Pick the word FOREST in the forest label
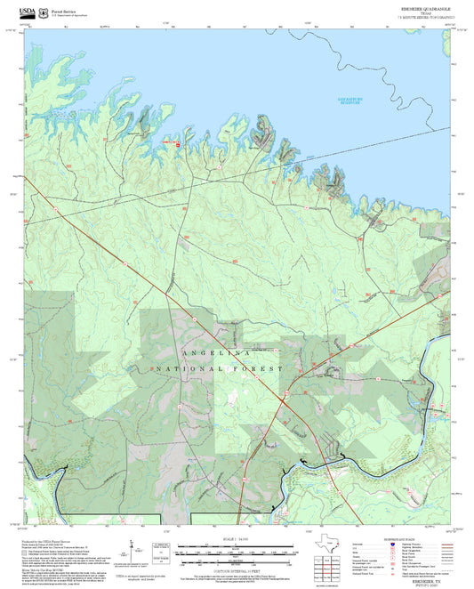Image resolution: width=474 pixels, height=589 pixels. [258, 367]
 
